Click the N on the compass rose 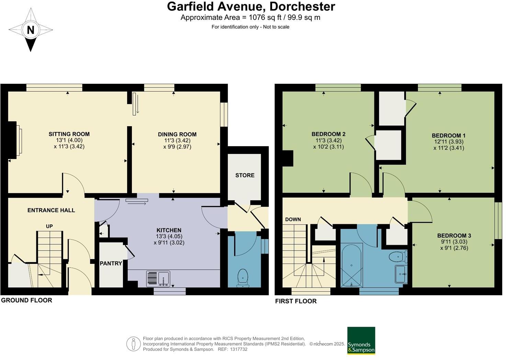(x=31, y=30)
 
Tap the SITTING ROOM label (x=69, y=134)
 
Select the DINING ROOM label (x=177, y=135)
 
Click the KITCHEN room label (x=169, y=230)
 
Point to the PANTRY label (x=111, y=263)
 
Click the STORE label (x=245, y=175)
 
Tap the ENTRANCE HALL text (x=51, y=210)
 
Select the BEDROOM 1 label (x=449, y=136)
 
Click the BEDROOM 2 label (x=328, y=134)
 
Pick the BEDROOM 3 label (x=454, y=236)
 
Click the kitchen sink (x=158, y=279)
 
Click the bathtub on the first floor (x=351, y=265)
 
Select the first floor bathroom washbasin (x=401, y=274)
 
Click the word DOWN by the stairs (x=293, y=220)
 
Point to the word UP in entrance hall (x=49, y=227)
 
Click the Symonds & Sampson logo (x=361, y=340)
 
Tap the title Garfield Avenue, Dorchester (x=251, y=7)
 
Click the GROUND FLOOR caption (x=26, y=300)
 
